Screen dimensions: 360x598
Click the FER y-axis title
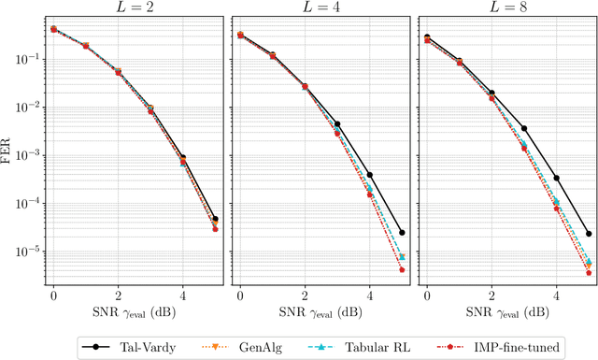[x=8, y=150]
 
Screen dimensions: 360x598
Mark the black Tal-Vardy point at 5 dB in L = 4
[x=402, y=233]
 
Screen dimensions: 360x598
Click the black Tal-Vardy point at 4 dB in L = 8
[x=557, y=178]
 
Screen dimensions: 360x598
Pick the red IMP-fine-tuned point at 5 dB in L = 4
[x=402, y=270]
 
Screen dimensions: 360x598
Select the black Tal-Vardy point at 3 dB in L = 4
[x=337, y=123]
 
